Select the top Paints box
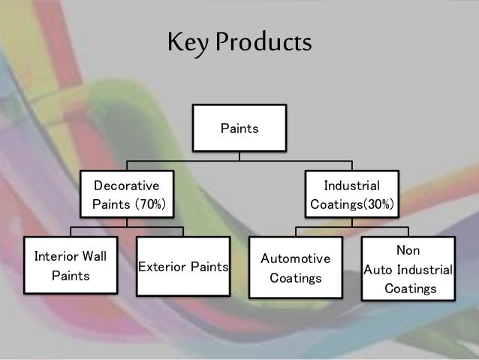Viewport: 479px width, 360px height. tap(239, 129)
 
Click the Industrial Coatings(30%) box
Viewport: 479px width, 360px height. tap(351, 194)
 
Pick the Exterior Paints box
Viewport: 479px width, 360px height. tap(184, 267)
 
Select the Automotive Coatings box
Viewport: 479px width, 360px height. tap(295, 268)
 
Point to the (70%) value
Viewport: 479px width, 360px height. tap(150, 204)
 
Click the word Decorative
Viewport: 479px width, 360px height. tap(126, 184)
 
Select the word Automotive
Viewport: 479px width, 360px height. tap(295, 259)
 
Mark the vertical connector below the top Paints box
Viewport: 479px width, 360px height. tap(239, 156)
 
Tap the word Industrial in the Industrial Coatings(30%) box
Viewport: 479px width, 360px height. tap(351, 184)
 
